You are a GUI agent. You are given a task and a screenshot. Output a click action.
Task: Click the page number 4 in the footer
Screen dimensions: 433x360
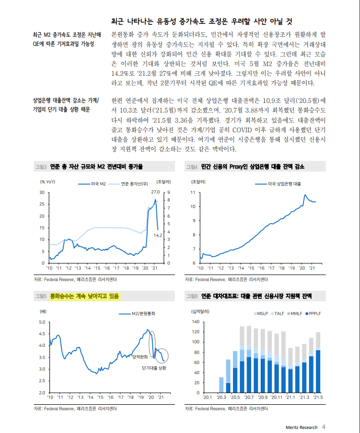click(x=324, y=427)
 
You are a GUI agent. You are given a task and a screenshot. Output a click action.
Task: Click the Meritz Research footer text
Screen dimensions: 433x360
click(x=301, y=427)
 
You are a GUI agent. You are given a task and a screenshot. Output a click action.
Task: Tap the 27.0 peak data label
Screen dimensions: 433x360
click(x=155, y=192)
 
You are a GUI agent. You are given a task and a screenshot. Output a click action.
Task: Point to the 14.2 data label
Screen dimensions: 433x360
click(x=157, y=235)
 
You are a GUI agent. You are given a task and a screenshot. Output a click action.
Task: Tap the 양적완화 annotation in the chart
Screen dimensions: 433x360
click(x=139, y=357)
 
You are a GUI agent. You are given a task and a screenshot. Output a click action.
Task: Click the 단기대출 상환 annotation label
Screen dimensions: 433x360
click(x=154, y=369)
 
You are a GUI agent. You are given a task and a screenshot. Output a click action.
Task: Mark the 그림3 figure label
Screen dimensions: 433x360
click(x=40, y=166)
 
